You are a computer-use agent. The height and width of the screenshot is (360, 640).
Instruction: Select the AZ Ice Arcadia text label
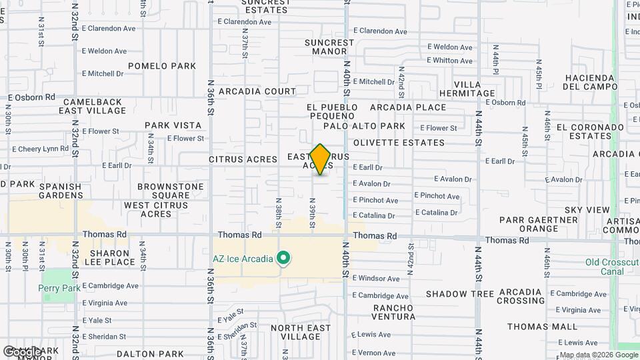click(243, 259)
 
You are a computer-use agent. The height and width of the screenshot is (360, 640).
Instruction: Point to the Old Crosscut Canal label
click(612, 267)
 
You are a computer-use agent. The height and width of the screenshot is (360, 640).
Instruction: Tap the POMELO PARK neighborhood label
click(162, 66)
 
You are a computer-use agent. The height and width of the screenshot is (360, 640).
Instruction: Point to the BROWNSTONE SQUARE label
click(163, 191)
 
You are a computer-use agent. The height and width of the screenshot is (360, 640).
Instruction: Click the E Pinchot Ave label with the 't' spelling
click(437, 196)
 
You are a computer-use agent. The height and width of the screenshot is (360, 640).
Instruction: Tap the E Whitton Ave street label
click(450, 61)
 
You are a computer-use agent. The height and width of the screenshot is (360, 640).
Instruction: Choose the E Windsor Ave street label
click(376, 278)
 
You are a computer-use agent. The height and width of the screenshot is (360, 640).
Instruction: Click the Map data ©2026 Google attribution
click(597, 355)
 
